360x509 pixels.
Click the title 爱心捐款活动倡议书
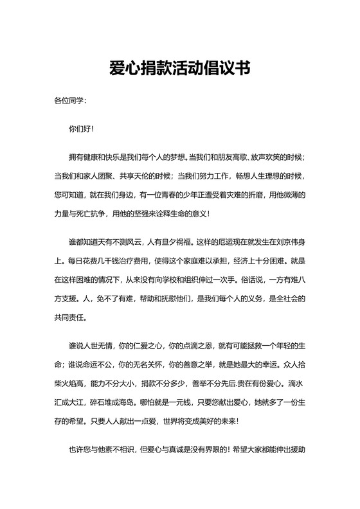coord(179,69)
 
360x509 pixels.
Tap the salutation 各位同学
coord(69,101)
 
